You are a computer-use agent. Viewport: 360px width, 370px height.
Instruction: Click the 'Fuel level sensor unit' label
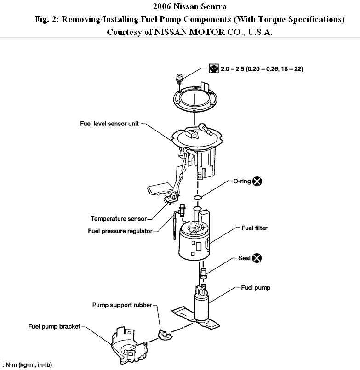(x=108, y=124)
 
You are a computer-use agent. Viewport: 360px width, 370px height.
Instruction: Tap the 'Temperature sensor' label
(x=118, y=219)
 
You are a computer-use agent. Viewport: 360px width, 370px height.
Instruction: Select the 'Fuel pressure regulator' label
(x=120, y=231)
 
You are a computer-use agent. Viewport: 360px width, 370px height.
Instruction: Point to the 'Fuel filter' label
(x=254, y=228)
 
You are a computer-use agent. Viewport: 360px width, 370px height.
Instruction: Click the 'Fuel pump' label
(x=256, y=288)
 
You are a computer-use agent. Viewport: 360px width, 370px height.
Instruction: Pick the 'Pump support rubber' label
(x=122, y=304)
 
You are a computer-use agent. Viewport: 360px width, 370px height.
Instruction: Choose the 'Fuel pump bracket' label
(x=54, y=326)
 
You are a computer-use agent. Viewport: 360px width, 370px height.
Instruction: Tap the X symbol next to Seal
(x=257, y=258)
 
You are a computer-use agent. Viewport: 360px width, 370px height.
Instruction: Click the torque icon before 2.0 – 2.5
(x=213, y=69)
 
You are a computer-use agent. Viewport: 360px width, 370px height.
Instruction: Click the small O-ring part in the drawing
(x=197, y=198)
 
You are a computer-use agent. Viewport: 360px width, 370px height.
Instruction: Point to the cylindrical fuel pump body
(x=201, y=306)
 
